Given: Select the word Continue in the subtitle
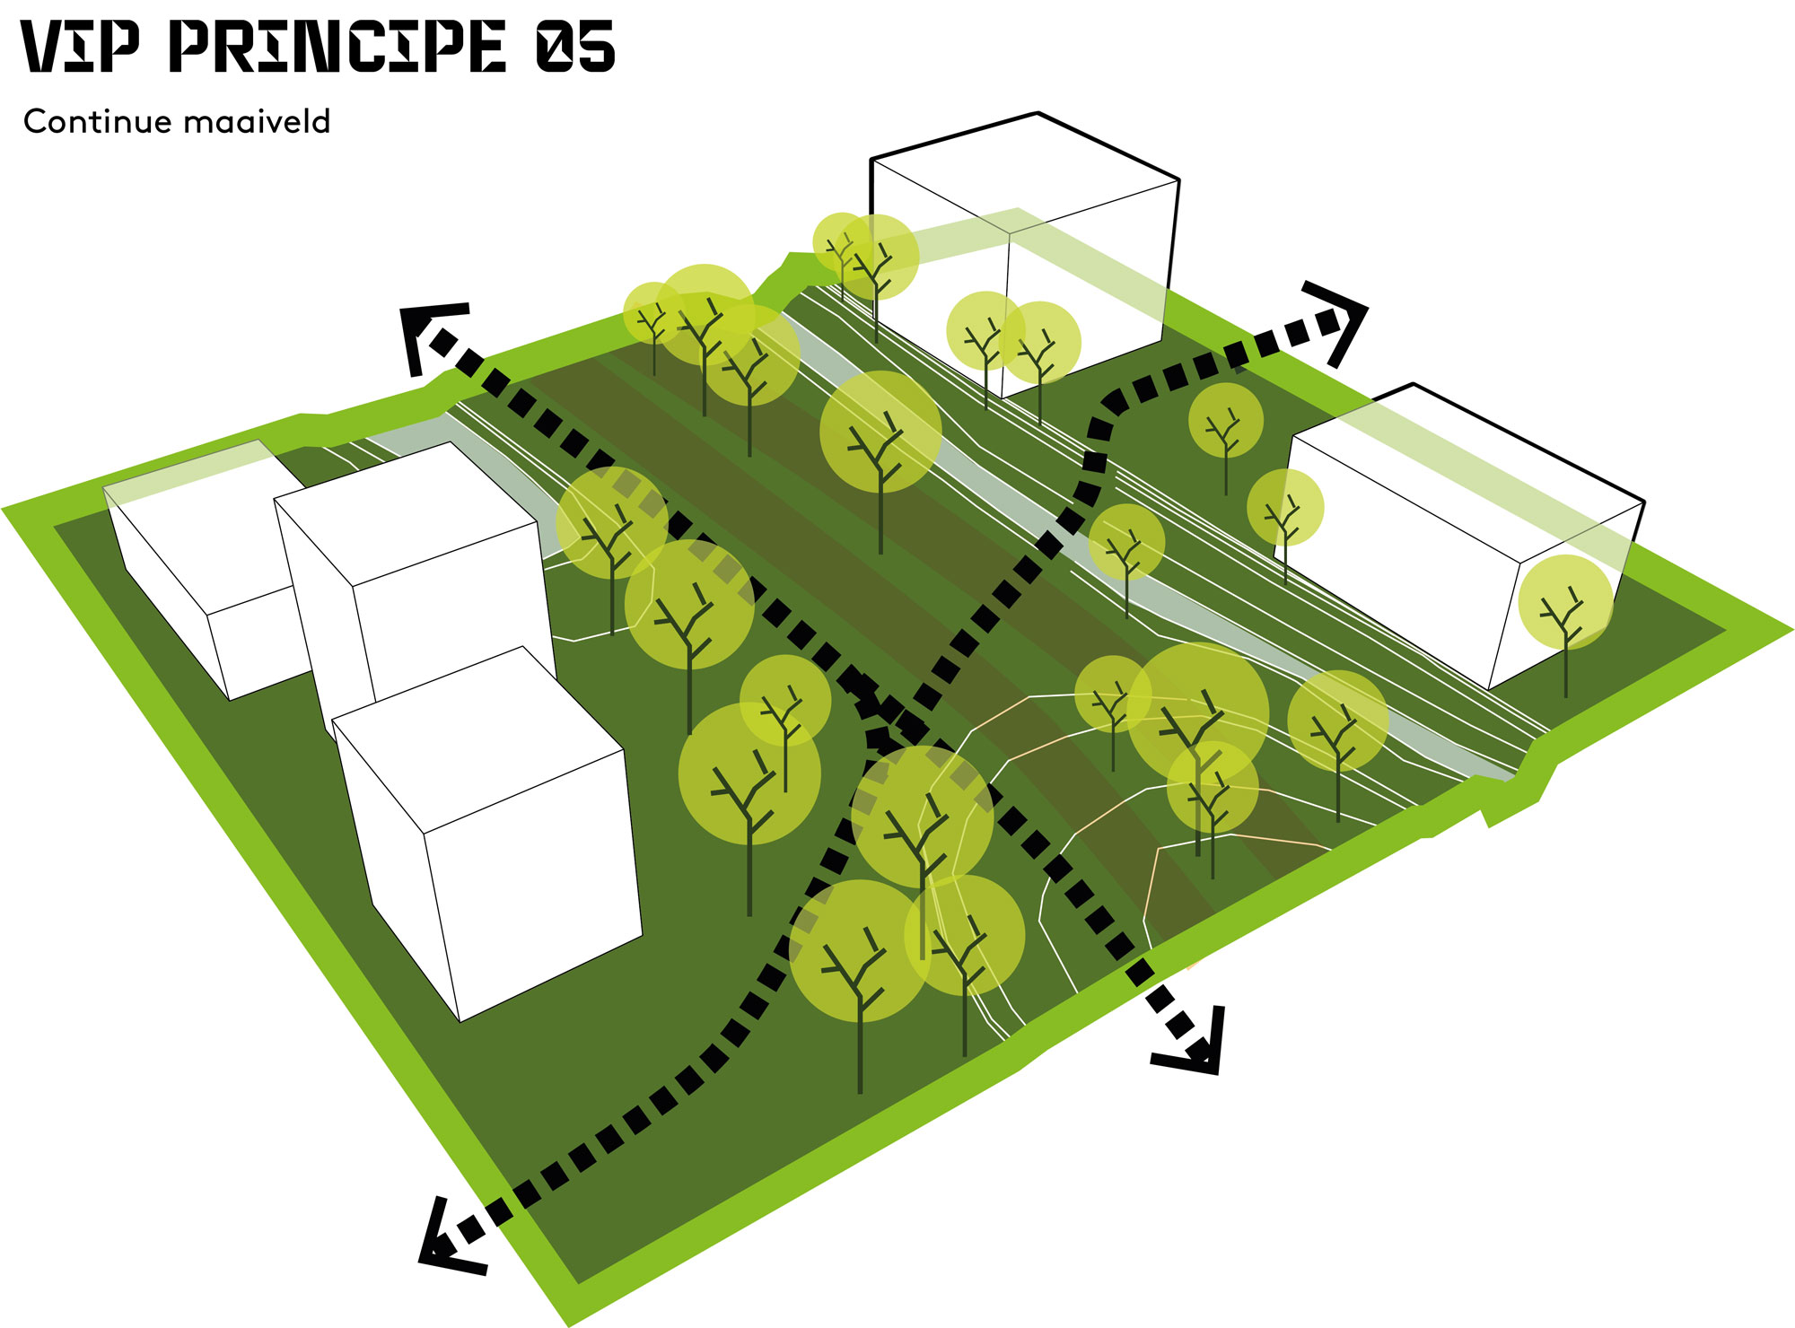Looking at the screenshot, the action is pyautogui.click(x=97, y=121).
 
